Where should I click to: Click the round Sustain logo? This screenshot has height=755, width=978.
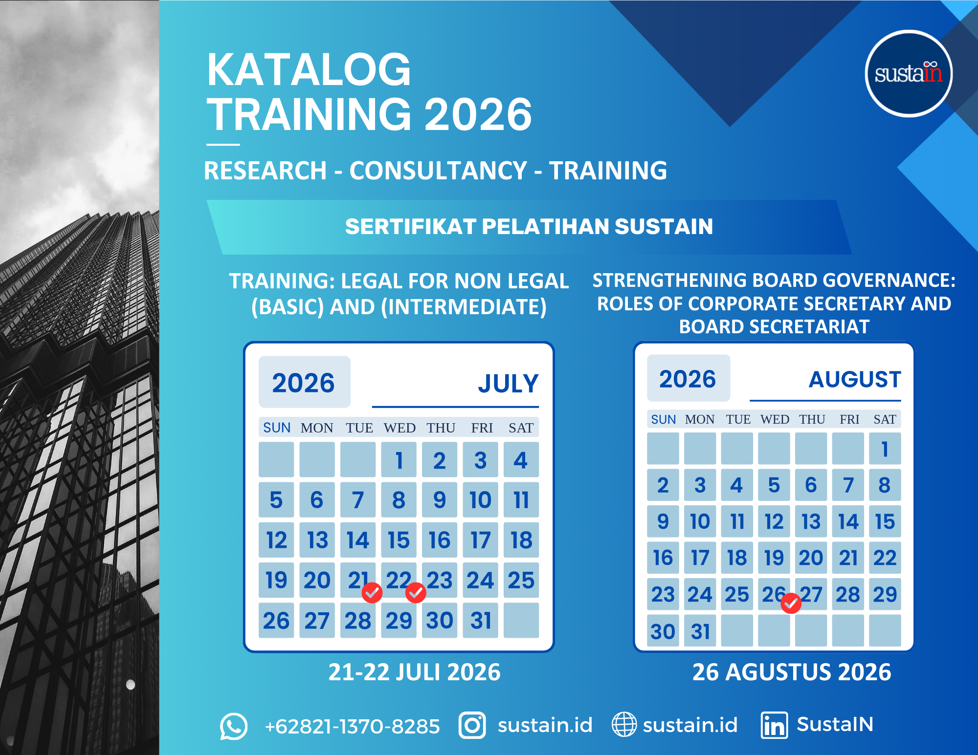pos(909,74)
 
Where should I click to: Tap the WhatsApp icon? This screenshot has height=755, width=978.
pos(234,726)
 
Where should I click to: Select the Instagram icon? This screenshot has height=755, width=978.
pos(472,725)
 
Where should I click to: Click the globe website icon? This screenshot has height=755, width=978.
pos(624,724)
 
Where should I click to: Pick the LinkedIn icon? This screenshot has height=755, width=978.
pos(774,725)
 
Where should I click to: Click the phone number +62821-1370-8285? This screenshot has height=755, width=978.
pos(352,726)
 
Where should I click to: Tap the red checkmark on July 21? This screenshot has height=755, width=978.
pos(372,593)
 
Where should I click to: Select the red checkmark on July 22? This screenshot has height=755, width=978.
pos(416,593)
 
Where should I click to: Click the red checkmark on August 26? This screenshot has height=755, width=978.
pos(791,603)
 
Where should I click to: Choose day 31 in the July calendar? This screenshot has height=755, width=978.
pos(481,621)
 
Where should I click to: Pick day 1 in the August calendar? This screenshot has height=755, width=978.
pos(885,449)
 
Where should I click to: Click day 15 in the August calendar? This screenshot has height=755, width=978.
pos(885,521)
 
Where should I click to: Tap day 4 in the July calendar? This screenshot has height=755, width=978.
pos(521,460)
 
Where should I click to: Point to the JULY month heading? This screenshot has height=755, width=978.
pos(508,384)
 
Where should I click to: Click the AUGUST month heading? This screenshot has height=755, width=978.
pos(855,380)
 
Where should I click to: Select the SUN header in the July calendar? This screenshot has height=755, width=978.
pos(277,428)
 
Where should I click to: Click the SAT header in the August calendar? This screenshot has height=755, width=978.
pos(885,419)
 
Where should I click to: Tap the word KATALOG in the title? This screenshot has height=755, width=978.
pos(309,70)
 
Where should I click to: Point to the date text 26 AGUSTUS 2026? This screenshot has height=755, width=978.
pos(792,672)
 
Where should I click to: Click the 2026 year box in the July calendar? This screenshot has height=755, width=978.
pos(304,382)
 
